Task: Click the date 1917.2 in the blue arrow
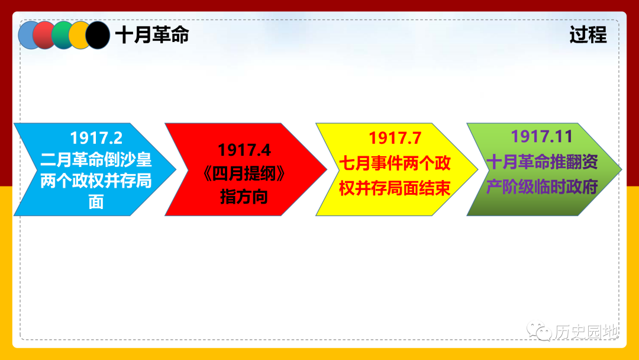pos(96,138)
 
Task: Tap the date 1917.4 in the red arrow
pos(244,150)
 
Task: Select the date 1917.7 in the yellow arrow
pos(395,138)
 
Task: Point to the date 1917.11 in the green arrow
pos(541,136)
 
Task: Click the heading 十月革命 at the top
pos(152,35)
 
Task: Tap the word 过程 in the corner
pos(588,35)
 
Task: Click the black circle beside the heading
pos(98,35)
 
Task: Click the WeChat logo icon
pos(539,330)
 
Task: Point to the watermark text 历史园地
pos(586,332)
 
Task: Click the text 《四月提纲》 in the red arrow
pos(244,173)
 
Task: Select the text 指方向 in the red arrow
pos(244,197)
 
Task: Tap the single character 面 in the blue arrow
pos(96,202)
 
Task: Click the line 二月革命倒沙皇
pos(96,159)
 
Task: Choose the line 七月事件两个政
pos(395,163)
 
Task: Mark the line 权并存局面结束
pos(395,188)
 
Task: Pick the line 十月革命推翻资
pos(542,162)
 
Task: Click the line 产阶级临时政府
pos(542,187)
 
